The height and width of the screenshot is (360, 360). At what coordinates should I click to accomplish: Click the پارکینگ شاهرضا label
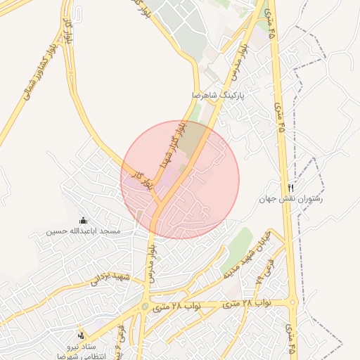tap(221, 94)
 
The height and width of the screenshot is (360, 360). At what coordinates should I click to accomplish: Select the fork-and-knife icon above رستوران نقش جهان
tap(291, 188)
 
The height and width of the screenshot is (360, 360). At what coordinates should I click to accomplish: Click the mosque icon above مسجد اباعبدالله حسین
tap(84, 221)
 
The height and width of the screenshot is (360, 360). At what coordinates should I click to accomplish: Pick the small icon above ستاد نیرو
tap(82, 335)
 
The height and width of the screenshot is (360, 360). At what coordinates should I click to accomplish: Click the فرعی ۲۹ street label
tap(264, 270)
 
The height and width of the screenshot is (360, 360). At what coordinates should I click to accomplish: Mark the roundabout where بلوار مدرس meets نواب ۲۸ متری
tap(146, 307)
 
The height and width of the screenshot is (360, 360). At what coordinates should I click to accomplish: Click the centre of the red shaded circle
tap(180, 180)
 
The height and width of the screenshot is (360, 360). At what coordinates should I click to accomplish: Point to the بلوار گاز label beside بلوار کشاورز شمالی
tap(68, 31)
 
